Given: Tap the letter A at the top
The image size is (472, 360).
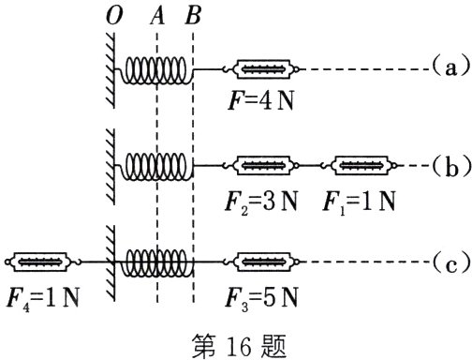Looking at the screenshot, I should tap(156, 17).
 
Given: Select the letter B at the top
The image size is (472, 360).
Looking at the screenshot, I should tap(193, 17).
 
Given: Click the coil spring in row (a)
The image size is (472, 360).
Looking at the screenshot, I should tap(158, 69).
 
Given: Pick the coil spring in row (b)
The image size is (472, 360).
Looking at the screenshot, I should tap(158, 165).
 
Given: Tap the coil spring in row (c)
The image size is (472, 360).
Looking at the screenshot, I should tap(158, 260).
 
